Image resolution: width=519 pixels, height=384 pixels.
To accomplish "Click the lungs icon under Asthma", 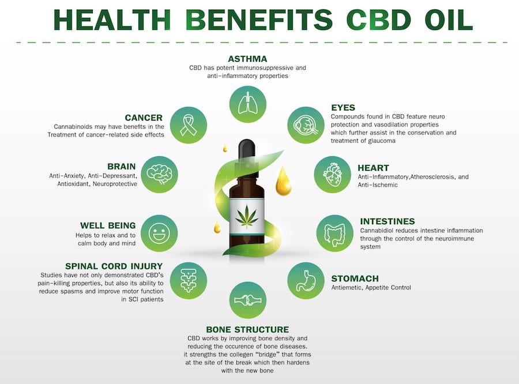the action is (248, 104).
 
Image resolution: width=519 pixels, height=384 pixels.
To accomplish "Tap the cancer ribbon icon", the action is (189, 125).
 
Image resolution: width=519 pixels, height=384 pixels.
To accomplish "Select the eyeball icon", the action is (306, 125).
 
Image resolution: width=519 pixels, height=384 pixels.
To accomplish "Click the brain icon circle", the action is (160, 175).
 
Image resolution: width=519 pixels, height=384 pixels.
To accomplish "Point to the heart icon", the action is (332, 175).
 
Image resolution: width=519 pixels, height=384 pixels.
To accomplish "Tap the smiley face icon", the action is (159, 234).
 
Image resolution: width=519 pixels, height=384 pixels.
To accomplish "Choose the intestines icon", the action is (334, 234).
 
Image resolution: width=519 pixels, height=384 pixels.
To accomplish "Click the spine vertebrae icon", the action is (189, 281).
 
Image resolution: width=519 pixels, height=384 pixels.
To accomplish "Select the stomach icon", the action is (306, 281).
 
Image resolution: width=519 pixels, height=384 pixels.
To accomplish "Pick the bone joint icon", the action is (248, 300).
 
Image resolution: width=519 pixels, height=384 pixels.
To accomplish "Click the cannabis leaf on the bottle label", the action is (247, 216).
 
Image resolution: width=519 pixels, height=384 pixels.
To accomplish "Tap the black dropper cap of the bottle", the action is (247, 150).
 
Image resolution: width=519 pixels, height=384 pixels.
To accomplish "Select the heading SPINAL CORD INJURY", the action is (114, 266).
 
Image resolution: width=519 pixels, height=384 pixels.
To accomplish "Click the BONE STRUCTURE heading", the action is (247, 330).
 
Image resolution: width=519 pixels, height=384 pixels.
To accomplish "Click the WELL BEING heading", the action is (108, 225).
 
